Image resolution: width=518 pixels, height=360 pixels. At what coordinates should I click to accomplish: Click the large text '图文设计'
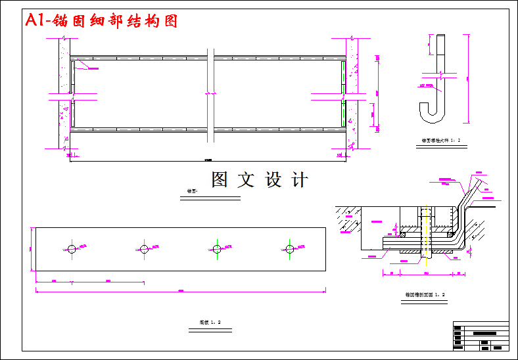pyautogui.click(x=260, y=180)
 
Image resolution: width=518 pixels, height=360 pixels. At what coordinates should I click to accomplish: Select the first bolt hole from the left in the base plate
pyautogui.click(x=72, y=248)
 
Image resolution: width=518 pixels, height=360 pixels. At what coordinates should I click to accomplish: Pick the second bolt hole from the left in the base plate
pyautogui.click(x=144, y=248)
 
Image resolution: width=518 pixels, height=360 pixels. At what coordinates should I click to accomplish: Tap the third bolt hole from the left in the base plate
pyautogui.click(x=216, y=248)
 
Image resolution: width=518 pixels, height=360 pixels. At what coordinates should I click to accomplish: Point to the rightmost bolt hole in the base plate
pyautogui.click(x=289, y=248)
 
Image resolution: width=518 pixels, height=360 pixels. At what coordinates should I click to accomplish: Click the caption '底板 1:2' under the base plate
pyautogui.click(x=210, y=322)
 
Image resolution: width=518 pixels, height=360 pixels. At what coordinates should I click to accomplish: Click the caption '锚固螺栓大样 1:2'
pyautogui.click(x=441, y=140)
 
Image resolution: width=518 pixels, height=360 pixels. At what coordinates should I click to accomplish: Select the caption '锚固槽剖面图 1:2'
pyautogui.click(x=425, y=295)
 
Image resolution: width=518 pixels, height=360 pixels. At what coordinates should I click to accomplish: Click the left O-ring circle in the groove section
pyautogui.click(x=402, y=233)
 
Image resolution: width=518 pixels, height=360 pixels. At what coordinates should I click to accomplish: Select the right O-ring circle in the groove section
pyautogui.click(x=451, y=233)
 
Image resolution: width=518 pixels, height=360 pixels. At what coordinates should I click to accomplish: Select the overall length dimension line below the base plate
pyautogui.click(x=181, y=290)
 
